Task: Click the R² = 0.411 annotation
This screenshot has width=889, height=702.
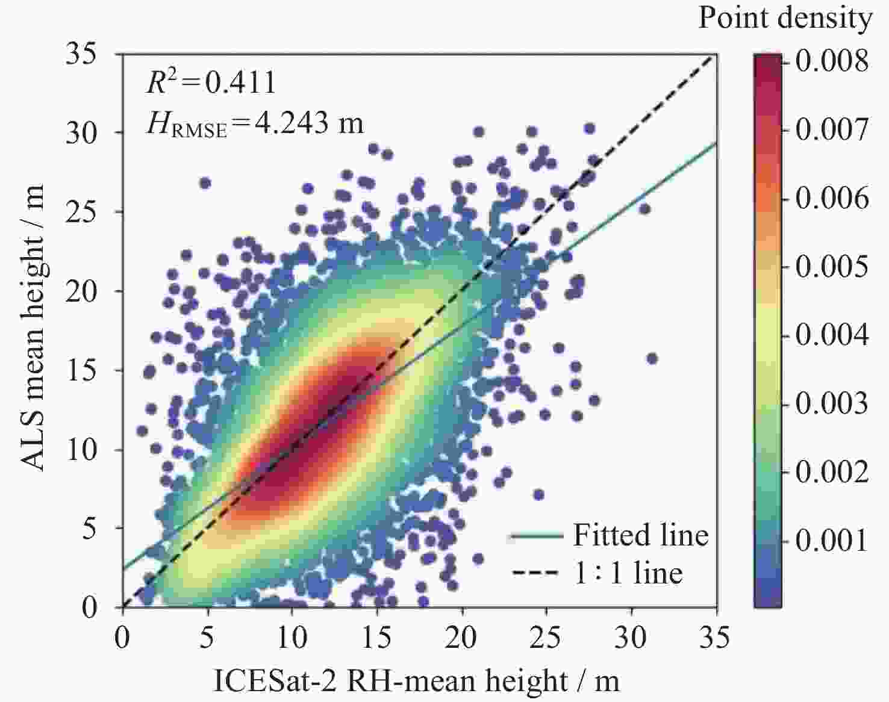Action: click(211, 82)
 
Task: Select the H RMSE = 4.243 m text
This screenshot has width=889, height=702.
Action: click(255, 124)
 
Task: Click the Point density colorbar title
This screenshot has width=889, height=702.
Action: click(785, 18)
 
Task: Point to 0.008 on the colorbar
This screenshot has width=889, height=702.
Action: click(832, 61)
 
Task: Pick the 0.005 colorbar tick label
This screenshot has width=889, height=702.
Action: click(832, 266)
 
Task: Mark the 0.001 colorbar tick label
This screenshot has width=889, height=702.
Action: click(832, 540)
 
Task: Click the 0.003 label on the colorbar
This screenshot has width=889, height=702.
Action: click(832, 403)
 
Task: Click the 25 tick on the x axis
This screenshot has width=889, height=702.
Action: click(546, 637)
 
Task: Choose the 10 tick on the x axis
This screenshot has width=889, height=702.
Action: click(292, 637)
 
